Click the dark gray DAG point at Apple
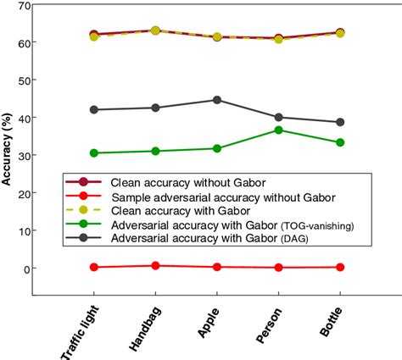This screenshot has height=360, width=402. click(x=217, y=100)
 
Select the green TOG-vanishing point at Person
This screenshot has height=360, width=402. click(x=279, y=130)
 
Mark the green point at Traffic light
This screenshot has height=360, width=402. click(x=93, y=153)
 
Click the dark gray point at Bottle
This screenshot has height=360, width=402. click(x=340, y=122)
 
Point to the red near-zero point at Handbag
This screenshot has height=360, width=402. click(x=155, y=266)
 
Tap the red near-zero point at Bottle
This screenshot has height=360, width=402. click(x=340, y=267)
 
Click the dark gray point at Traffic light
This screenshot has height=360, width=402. click(x=93, y=109)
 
